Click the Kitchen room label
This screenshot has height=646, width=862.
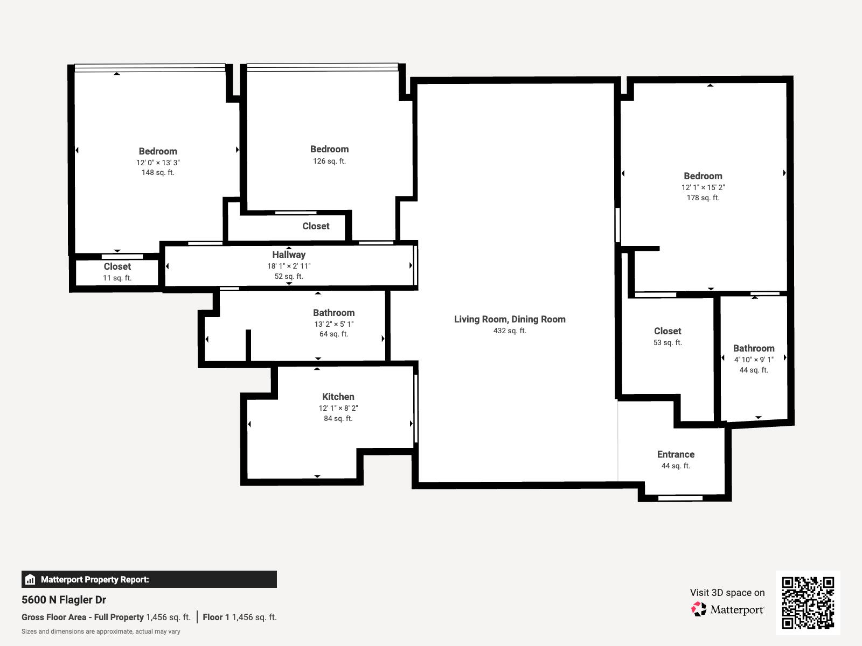tap(338, 397)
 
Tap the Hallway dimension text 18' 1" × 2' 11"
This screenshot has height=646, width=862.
tap(289, 266)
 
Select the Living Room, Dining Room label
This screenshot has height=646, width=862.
tap(510, 319)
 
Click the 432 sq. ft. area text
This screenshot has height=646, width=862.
tap(510, 331)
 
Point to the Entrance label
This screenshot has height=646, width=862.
tap(676, 454)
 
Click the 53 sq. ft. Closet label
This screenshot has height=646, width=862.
tap(668, 332)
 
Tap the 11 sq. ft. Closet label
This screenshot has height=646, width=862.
tap(117, 267)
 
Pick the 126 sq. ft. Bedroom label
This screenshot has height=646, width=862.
tap(329, 150)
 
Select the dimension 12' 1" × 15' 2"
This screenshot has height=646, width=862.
tap(703, 188)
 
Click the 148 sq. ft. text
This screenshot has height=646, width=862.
tap(158, 173)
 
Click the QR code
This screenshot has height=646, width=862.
tap(808, 602)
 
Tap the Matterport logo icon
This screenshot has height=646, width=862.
tap(699, 609)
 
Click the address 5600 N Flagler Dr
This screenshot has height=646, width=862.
tap(64, 600)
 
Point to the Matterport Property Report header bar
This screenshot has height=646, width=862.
tap(149, 579)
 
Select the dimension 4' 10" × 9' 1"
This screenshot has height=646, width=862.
tap(753, 360)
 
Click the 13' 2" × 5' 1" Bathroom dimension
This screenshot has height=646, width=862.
tap(333, 324)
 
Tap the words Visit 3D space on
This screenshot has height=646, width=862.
tap(727, 593)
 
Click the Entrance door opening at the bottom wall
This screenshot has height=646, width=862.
tap(680, 498)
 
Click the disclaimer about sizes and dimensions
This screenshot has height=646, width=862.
tap(101, 631)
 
